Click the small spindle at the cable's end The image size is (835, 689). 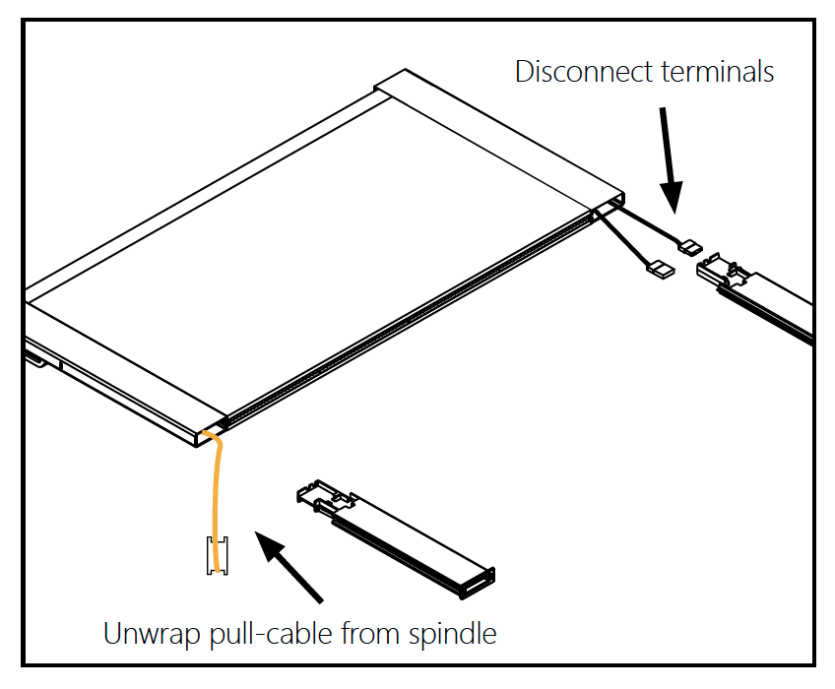coord(216,556)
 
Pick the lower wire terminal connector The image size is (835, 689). coord(658,266)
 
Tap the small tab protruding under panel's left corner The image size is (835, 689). coord(35,359)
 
